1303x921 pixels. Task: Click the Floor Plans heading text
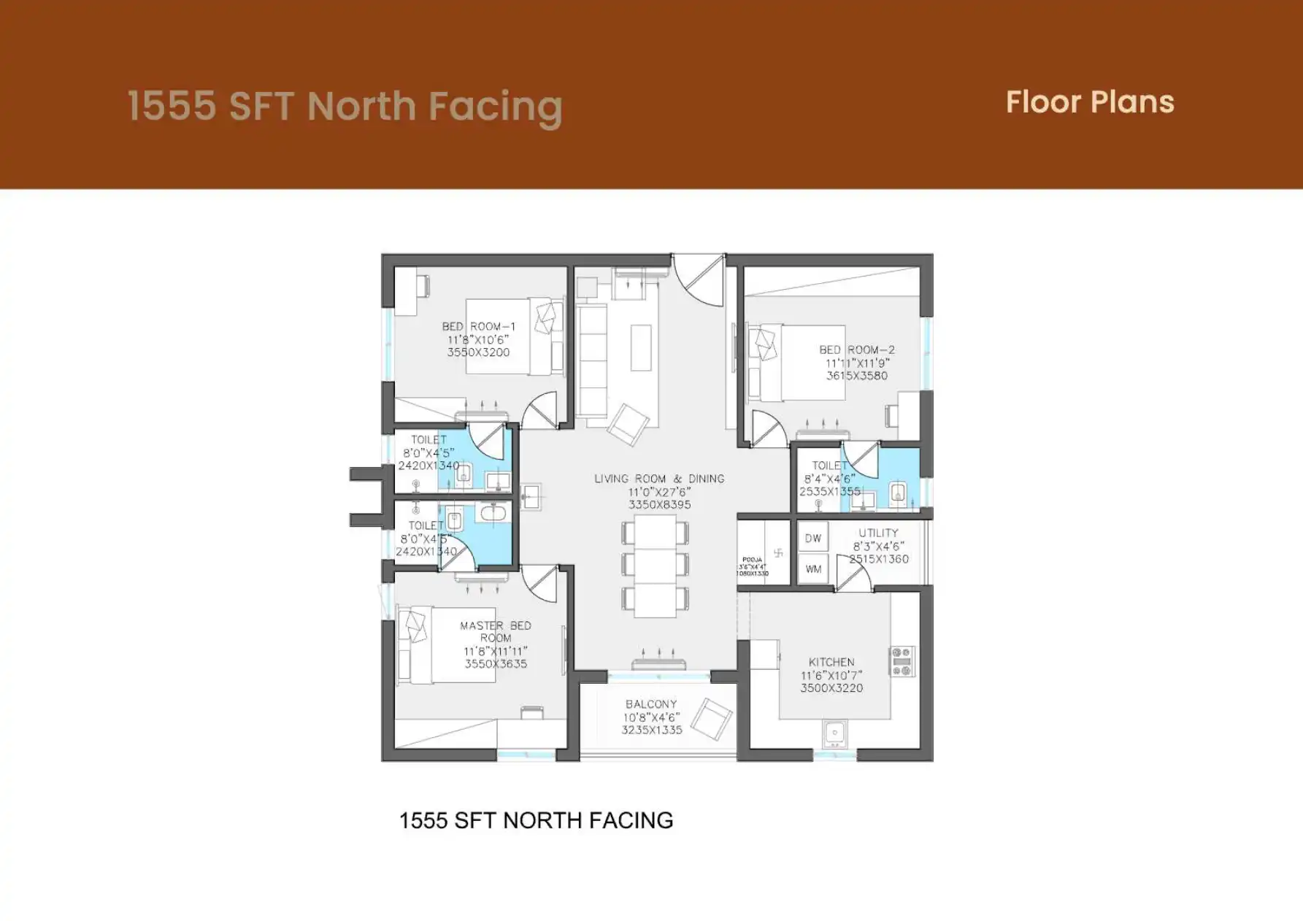(1089, 102)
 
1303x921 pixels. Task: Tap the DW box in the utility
(813, 539)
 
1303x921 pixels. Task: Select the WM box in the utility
(813, 569)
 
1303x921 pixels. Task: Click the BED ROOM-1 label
(478, 326)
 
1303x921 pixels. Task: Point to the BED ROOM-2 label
(856, 350)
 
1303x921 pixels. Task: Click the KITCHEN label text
(831, 662)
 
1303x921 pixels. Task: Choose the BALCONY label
(651, 704)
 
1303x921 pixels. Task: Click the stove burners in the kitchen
(902, 660)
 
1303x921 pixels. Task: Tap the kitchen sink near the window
(834, 732)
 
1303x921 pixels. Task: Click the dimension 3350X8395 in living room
(659, 504)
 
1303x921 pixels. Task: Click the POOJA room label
(752, 560)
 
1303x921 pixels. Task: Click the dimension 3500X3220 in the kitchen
(831, 688)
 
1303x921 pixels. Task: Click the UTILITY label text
(878, 533)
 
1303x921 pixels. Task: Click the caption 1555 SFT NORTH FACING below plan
(536, 820)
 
